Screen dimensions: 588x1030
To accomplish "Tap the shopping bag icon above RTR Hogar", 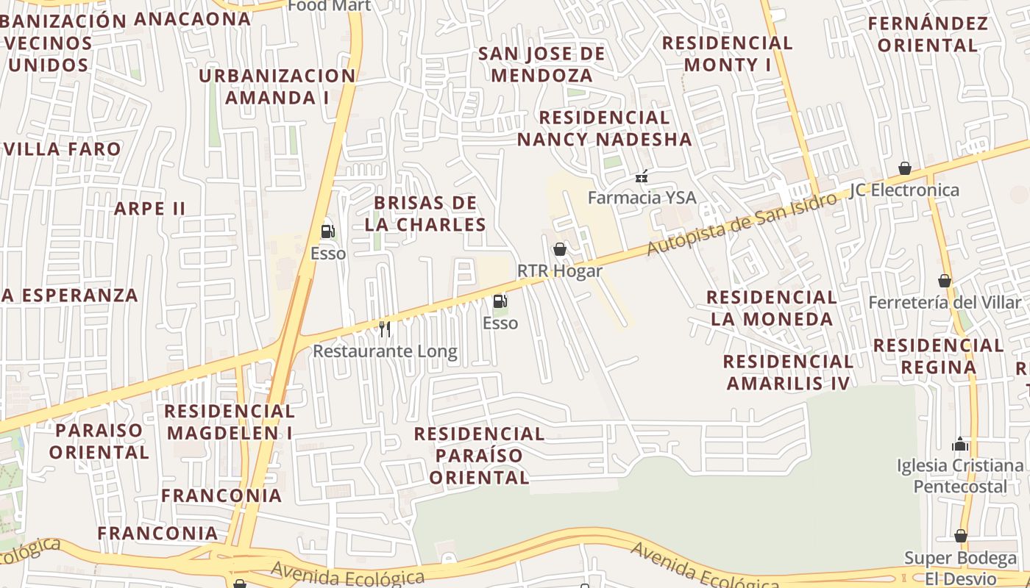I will click(x=560, y=250).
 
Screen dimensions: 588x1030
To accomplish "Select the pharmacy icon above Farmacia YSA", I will click(x=642, y=176).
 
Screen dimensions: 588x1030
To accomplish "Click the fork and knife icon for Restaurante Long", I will click(x=384, y=329).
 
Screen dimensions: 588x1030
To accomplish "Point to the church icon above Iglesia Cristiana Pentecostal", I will click(x=959, y=444).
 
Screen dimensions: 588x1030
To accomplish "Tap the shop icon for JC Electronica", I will click(x=905, y=168).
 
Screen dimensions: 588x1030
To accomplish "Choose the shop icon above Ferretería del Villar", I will click(x=945, y=281).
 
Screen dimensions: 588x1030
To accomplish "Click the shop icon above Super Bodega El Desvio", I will click(x=961, y=536).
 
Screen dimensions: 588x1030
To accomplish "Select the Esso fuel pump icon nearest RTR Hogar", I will click(x=500, y=301).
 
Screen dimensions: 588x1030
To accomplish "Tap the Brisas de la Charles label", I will click(x=425, y=213).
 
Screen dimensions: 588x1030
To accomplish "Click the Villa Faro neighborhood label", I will click(x=62, y=149).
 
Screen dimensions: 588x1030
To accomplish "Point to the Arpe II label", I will click(x=149, y=208).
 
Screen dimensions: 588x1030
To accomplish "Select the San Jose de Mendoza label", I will click(x=541, y=65).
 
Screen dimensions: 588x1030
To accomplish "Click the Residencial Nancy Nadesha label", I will click(x=604, y=128).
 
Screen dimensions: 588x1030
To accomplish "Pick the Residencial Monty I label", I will click(x=727, y=54).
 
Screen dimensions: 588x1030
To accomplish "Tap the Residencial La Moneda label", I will click(x=771, y=308).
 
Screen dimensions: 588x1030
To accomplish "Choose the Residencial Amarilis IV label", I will click(x=788, y=372).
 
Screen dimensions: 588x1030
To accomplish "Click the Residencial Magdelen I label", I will click(x=230, y=421).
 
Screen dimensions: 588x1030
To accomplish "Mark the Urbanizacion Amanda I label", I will click(x=277, y=86).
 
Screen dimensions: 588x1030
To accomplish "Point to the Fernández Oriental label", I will click(x=928, y=34).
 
